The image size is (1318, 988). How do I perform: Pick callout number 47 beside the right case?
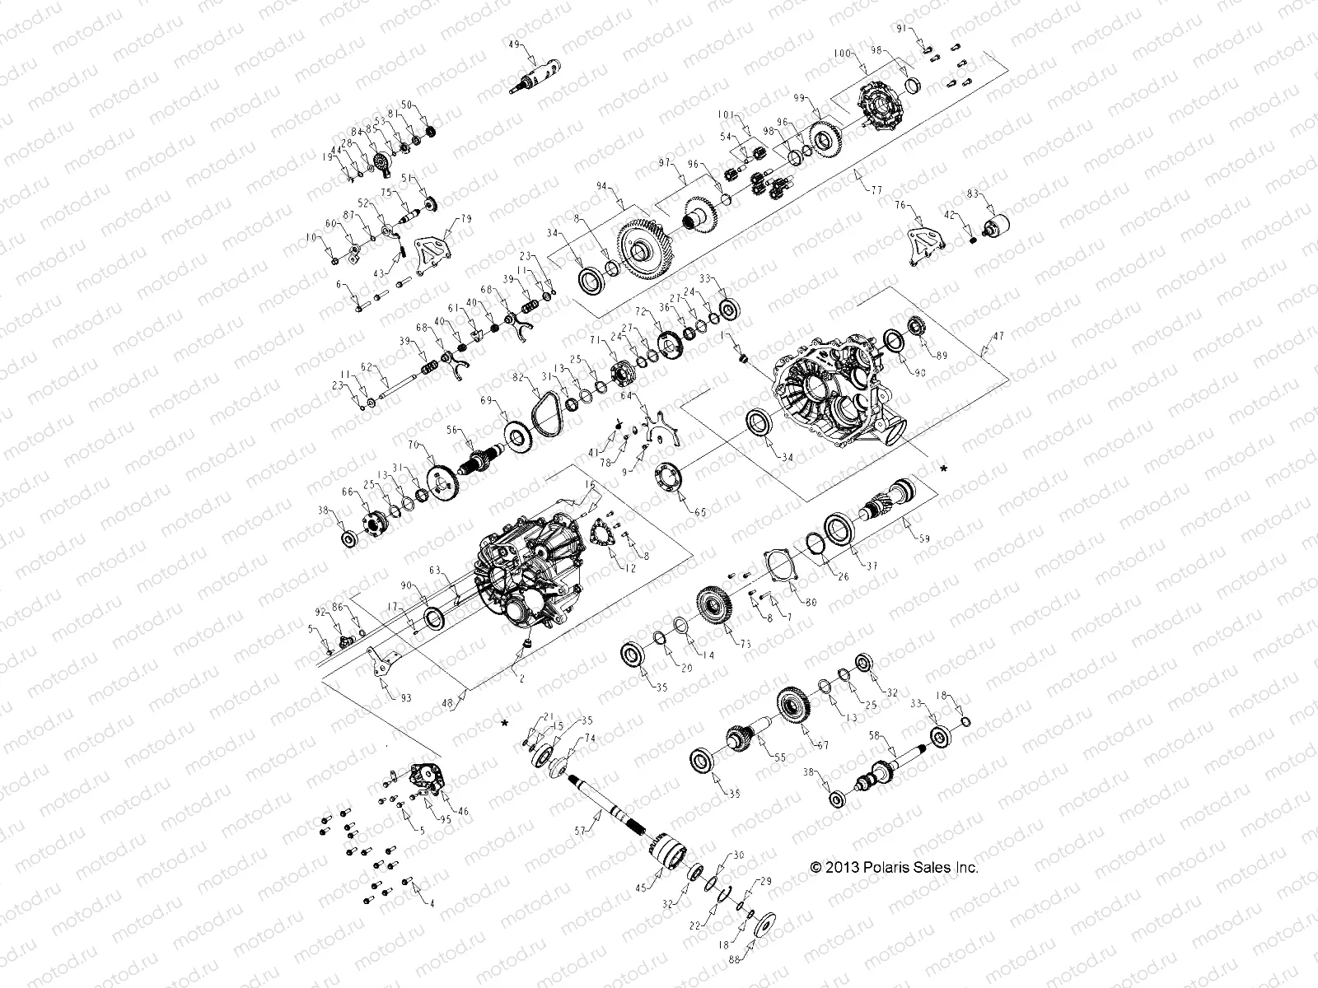click(999, 336)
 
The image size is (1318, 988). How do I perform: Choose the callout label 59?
click(924, 539)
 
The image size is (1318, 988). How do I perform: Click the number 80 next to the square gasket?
click(811, 602)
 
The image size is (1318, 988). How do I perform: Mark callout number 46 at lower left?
click(463, 811)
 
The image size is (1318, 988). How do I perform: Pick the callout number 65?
click(700, 512)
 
